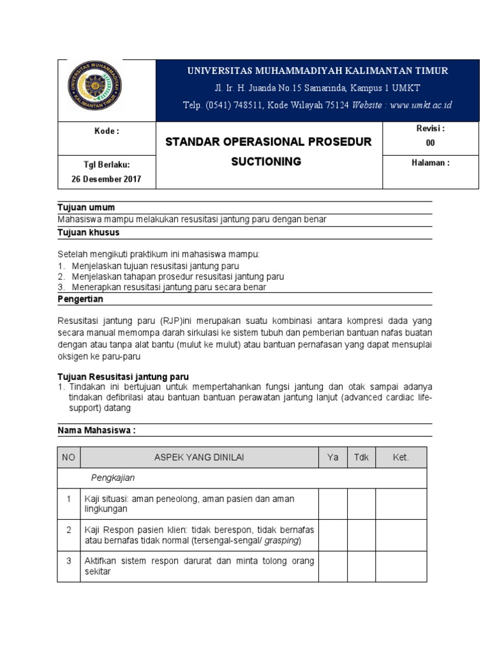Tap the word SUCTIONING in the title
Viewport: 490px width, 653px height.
pos(266,162)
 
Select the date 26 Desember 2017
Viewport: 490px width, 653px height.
pos(107,179)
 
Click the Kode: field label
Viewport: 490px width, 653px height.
pos(107,131)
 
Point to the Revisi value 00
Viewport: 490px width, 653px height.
pos(430,143)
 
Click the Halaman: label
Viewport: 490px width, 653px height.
pos(431,163)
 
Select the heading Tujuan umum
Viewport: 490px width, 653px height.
pos(86,208)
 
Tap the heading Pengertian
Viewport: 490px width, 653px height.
pos(80,298)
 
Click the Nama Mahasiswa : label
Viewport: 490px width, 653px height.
pos(96,430)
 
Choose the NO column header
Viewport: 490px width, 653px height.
pos(68,458)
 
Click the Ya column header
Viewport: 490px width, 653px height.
pos(332,458)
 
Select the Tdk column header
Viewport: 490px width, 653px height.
pos(360,458)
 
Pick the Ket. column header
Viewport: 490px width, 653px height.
pos(401,458)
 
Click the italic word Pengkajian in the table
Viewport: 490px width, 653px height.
pos(113,478)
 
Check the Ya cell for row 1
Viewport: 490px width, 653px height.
pos(332,504)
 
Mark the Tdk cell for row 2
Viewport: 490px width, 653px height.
pos(360,536)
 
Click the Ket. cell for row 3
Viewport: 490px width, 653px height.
pos(401,566)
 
